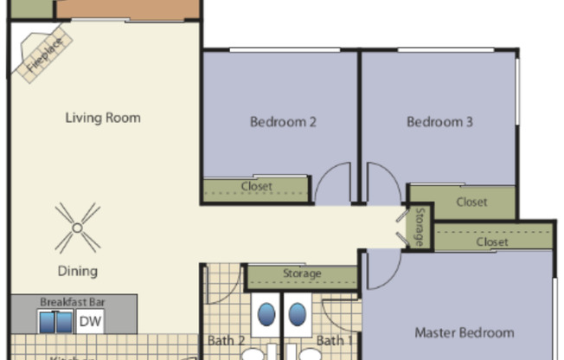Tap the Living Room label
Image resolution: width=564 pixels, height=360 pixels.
coord(103,118)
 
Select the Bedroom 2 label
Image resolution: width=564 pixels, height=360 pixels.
coord(283,122)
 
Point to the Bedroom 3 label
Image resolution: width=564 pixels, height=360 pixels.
coord(439,122)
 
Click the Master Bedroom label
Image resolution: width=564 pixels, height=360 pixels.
coord(464,332)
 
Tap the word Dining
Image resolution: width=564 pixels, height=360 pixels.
coord(78,271)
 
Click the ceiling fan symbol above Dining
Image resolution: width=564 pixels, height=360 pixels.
coord(77,227)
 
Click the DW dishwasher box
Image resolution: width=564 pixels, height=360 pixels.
coord(89,322)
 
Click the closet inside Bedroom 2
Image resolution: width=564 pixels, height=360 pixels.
coord(256,187)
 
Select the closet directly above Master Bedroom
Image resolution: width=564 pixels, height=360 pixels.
coord(492,242)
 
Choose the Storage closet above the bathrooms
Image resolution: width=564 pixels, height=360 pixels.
coord(302,274)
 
